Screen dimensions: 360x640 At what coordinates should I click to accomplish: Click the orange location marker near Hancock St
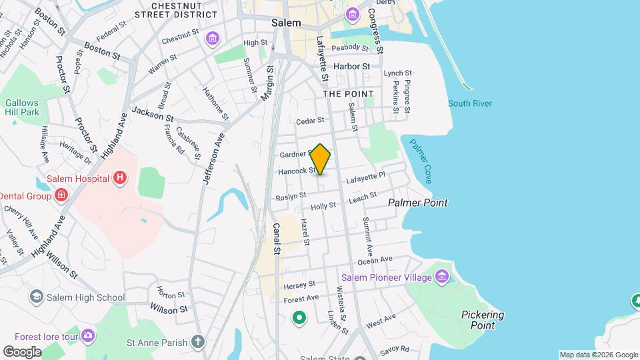point(321,159)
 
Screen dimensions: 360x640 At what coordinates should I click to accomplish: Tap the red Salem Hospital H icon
point(120,177)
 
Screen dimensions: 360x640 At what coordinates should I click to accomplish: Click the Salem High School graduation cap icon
point(37,297)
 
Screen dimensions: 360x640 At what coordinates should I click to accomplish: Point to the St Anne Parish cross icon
point(198,342)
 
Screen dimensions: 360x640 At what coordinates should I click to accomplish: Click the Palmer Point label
point(418,203)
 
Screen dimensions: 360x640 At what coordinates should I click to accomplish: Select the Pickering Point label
point(483,320)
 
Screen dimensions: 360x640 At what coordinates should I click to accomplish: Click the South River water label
point(470,103)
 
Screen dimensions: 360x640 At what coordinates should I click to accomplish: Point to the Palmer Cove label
point(419,161)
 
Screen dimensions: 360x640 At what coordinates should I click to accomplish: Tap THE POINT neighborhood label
point(349,94)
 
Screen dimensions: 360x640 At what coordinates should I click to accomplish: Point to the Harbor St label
point(351,67)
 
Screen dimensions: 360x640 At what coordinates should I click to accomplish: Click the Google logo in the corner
point(22,351)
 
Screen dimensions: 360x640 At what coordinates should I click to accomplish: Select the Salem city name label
point(286,23)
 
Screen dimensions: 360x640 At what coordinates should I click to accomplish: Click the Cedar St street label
point(310,121)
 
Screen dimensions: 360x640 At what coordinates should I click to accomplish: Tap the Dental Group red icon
point(61,195)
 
